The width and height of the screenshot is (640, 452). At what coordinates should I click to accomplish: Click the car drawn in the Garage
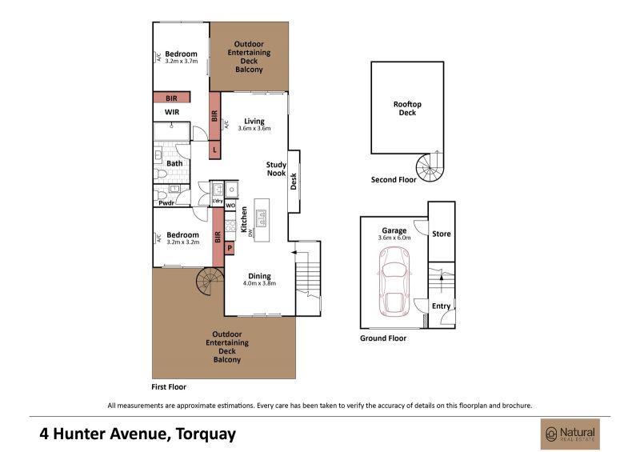click(394, 282)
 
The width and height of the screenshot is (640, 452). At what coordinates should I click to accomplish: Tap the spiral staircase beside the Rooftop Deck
click(430, 167)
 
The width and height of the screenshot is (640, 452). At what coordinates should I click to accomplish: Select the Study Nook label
click(276, 169)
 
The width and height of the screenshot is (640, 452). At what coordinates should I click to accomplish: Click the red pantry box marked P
click(230, 248)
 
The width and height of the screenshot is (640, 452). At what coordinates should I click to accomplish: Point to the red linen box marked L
click(214, 150)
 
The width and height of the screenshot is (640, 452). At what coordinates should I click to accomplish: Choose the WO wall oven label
click(230, 206)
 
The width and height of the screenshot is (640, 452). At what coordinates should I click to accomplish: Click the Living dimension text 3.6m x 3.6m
click(254, 128)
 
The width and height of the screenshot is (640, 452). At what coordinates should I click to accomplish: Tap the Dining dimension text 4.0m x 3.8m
click(259, 283)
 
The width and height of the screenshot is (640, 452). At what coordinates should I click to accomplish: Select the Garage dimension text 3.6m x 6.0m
click(394, 238)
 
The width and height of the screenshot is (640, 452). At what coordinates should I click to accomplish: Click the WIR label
click(172, 112)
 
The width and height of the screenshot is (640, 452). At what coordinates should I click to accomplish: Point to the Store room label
click(442, 234)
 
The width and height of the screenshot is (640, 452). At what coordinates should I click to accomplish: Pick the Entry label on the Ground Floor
click(442, 306)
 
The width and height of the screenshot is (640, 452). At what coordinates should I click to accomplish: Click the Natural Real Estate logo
click(570, 434)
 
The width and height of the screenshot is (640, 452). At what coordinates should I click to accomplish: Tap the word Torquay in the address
click(206, 434)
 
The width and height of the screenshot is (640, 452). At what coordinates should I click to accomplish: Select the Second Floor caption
click(394, 180)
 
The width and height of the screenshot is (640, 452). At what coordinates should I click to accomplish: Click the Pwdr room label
click(166, 203)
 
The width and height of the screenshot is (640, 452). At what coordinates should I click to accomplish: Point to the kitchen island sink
click(262, 218)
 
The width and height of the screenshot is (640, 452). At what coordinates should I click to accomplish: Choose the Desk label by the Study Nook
click(294, 182)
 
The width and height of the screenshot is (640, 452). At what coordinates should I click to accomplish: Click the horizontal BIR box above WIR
click(172, 98)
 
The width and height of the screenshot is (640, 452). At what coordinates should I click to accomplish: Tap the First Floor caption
click(169, 386)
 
